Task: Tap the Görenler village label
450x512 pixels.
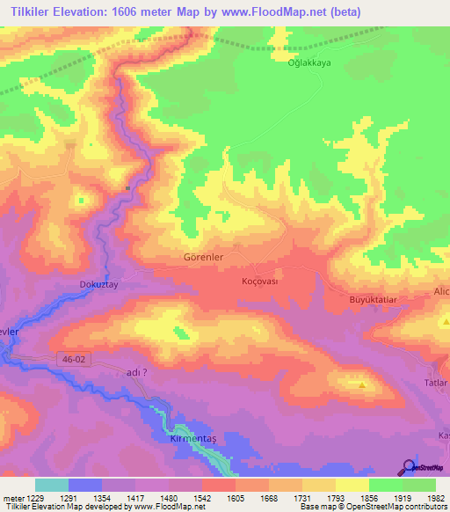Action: point(203,258)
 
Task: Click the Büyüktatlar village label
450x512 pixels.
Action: point(351,299)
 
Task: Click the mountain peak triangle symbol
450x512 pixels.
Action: point(361,384)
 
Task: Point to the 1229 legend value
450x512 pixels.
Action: point(25,497)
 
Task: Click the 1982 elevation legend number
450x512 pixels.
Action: point(424,497)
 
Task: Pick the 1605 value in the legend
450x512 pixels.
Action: point(236,497)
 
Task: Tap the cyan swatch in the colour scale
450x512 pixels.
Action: point(52,485)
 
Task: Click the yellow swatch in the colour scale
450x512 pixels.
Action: point(352,485)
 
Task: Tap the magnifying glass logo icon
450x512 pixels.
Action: point(407,467)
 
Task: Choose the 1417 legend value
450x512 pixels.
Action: point(134,497)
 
